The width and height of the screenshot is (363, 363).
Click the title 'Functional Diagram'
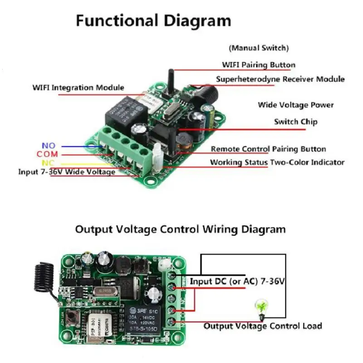[153, 20]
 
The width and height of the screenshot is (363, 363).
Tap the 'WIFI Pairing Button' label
[258, 65]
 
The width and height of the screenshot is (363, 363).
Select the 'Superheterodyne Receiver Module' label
[280, 79]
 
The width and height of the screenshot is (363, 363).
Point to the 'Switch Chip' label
[295, 122]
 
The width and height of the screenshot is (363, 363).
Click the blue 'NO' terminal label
[48, 146]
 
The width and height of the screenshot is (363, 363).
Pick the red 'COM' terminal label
[48, 154]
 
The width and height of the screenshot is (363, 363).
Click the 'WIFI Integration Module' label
[78, 88]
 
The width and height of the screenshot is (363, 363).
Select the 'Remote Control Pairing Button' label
[268, 149]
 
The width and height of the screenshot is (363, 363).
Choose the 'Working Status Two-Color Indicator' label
[277, 162]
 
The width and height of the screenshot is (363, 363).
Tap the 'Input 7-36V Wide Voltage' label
[67, 172]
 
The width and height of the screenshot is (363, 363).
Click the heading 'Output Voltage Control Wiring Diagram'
[180, 229]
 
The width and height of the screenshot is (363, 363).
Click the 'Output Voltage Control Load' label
[263, 326]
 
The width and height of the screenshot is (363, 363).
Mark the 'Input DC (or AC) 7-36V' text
[237, 281]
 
